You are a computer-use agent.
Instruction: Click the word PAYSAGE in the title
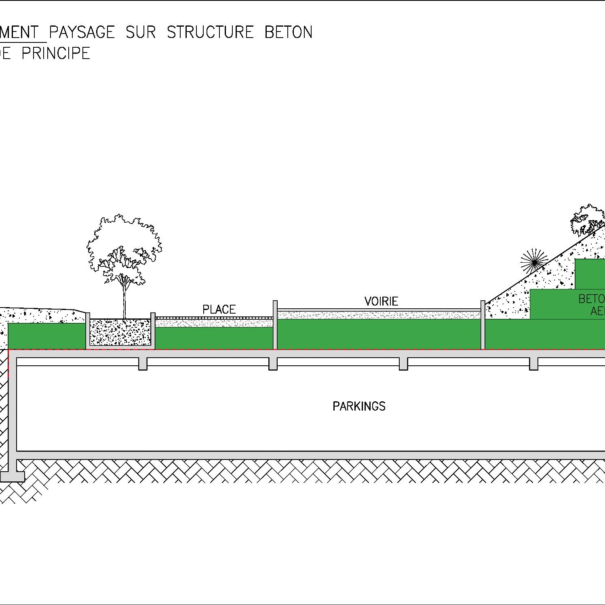(x=82, y=32)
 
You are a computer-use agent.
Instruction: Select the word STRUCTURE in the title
(x=210, y=32)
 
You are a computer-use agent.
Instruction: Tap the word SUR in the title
(x=141, y=32)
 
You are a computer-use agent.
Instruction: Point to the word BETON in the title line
(x=289, y=32)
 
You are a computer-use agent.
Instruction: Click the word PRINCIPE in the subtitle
(x=56, y=53)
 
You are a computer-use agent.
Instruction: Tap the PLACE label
(x=219, y=310)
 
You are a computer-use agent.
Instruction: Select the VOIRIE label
(x=381, y=301)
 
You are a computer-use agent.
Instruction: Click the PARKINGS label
(x=359, y=406)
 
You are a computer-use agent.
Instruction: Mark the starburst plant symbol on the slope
(x=534, y=262)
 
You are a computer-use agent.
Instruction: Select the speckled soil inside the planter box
(x=120, y=332)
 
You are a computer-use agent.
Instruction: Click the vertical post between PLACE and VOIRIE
(x=275, y=325)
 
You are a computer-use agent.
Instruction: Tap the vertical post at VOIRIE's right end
(x=483, y=325)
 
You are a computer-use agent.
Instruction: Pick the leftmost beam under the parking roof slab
(x=143, y=363)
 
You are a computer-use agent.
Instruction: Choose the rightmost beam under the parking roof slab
(x=534, y=363)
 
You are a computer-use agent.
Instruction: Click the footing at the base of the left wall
(x=12, y=476)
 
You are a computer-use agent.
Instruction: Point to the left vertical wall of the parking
(x=13, y=408)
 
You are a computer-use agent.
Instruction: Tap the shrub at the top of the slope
(x=587, y=220)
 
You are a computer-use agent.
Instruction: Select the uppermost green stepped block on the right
(x=590, y=274)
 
